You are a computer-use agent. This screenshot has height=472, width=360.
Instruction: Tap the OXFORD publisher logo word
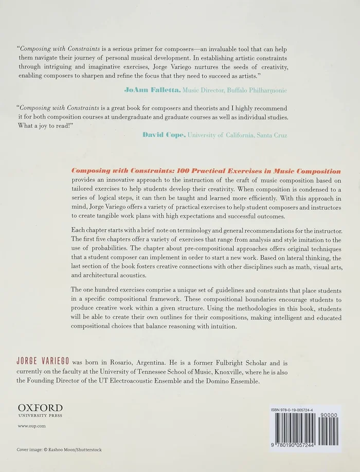click(x=40, y=408)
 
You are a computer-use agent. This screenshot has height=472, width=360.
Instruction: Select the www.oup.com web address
click(x=32, y=426)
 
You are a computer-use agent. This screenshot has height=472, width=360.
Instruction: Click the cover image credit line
click(x=59, y=449)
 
